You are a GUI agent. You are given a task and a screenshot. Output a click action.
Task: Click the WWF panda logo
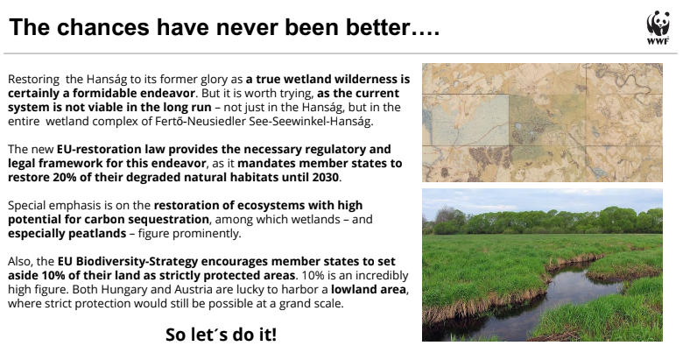[658, 27]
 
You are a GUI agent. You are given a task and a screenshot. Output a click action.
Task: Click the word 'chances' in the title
[102, 27]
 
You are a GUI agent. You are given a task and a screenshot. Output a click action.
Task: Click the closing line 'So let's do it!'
[222, 335]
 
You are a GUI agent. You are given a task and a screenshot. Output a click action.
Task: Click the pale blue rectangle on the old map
[465, 120]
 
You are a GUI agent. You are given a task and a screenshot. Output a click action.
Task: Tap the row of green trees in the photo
[545, 221]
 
